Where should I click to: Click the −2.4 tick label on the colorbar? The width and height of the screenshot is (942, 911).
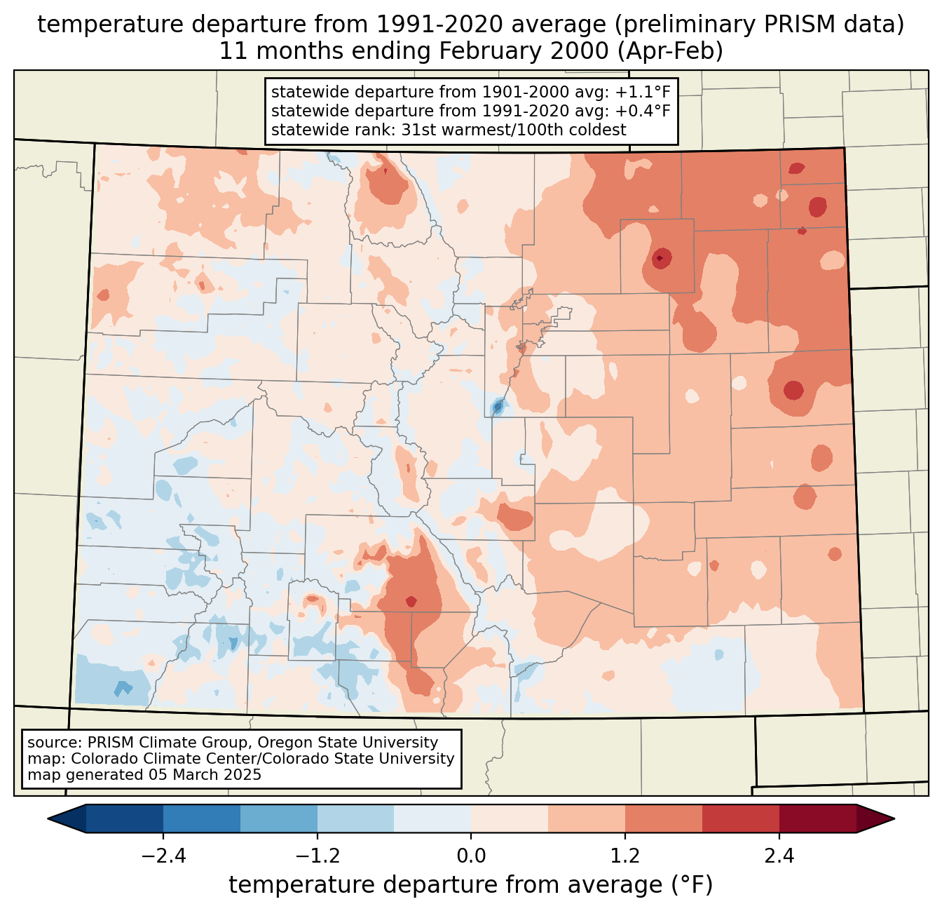[163, 856]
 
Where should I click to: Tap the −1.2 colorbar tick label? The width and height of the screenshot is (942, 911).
[317, 856]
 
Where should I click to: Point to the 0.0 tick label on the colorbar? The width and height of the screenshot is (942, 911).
[471, 856]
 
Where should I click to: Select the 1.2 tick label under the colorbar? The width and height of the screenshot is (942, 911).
[625, 856]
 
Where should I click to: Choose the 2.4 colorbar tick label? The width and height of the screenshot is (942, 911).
[779, 856]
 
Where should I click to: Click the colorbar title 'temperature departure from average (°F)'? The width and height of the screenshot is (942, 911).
[471, 885]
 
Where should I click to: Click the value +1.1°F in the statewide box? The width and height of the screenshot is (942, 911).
[643, 93]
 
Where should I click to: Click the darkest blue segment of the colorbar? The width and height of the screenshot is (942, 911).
[125, 818]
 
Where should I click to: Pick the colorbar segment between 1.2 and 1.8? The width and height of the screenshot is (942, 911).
[664, 818]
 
